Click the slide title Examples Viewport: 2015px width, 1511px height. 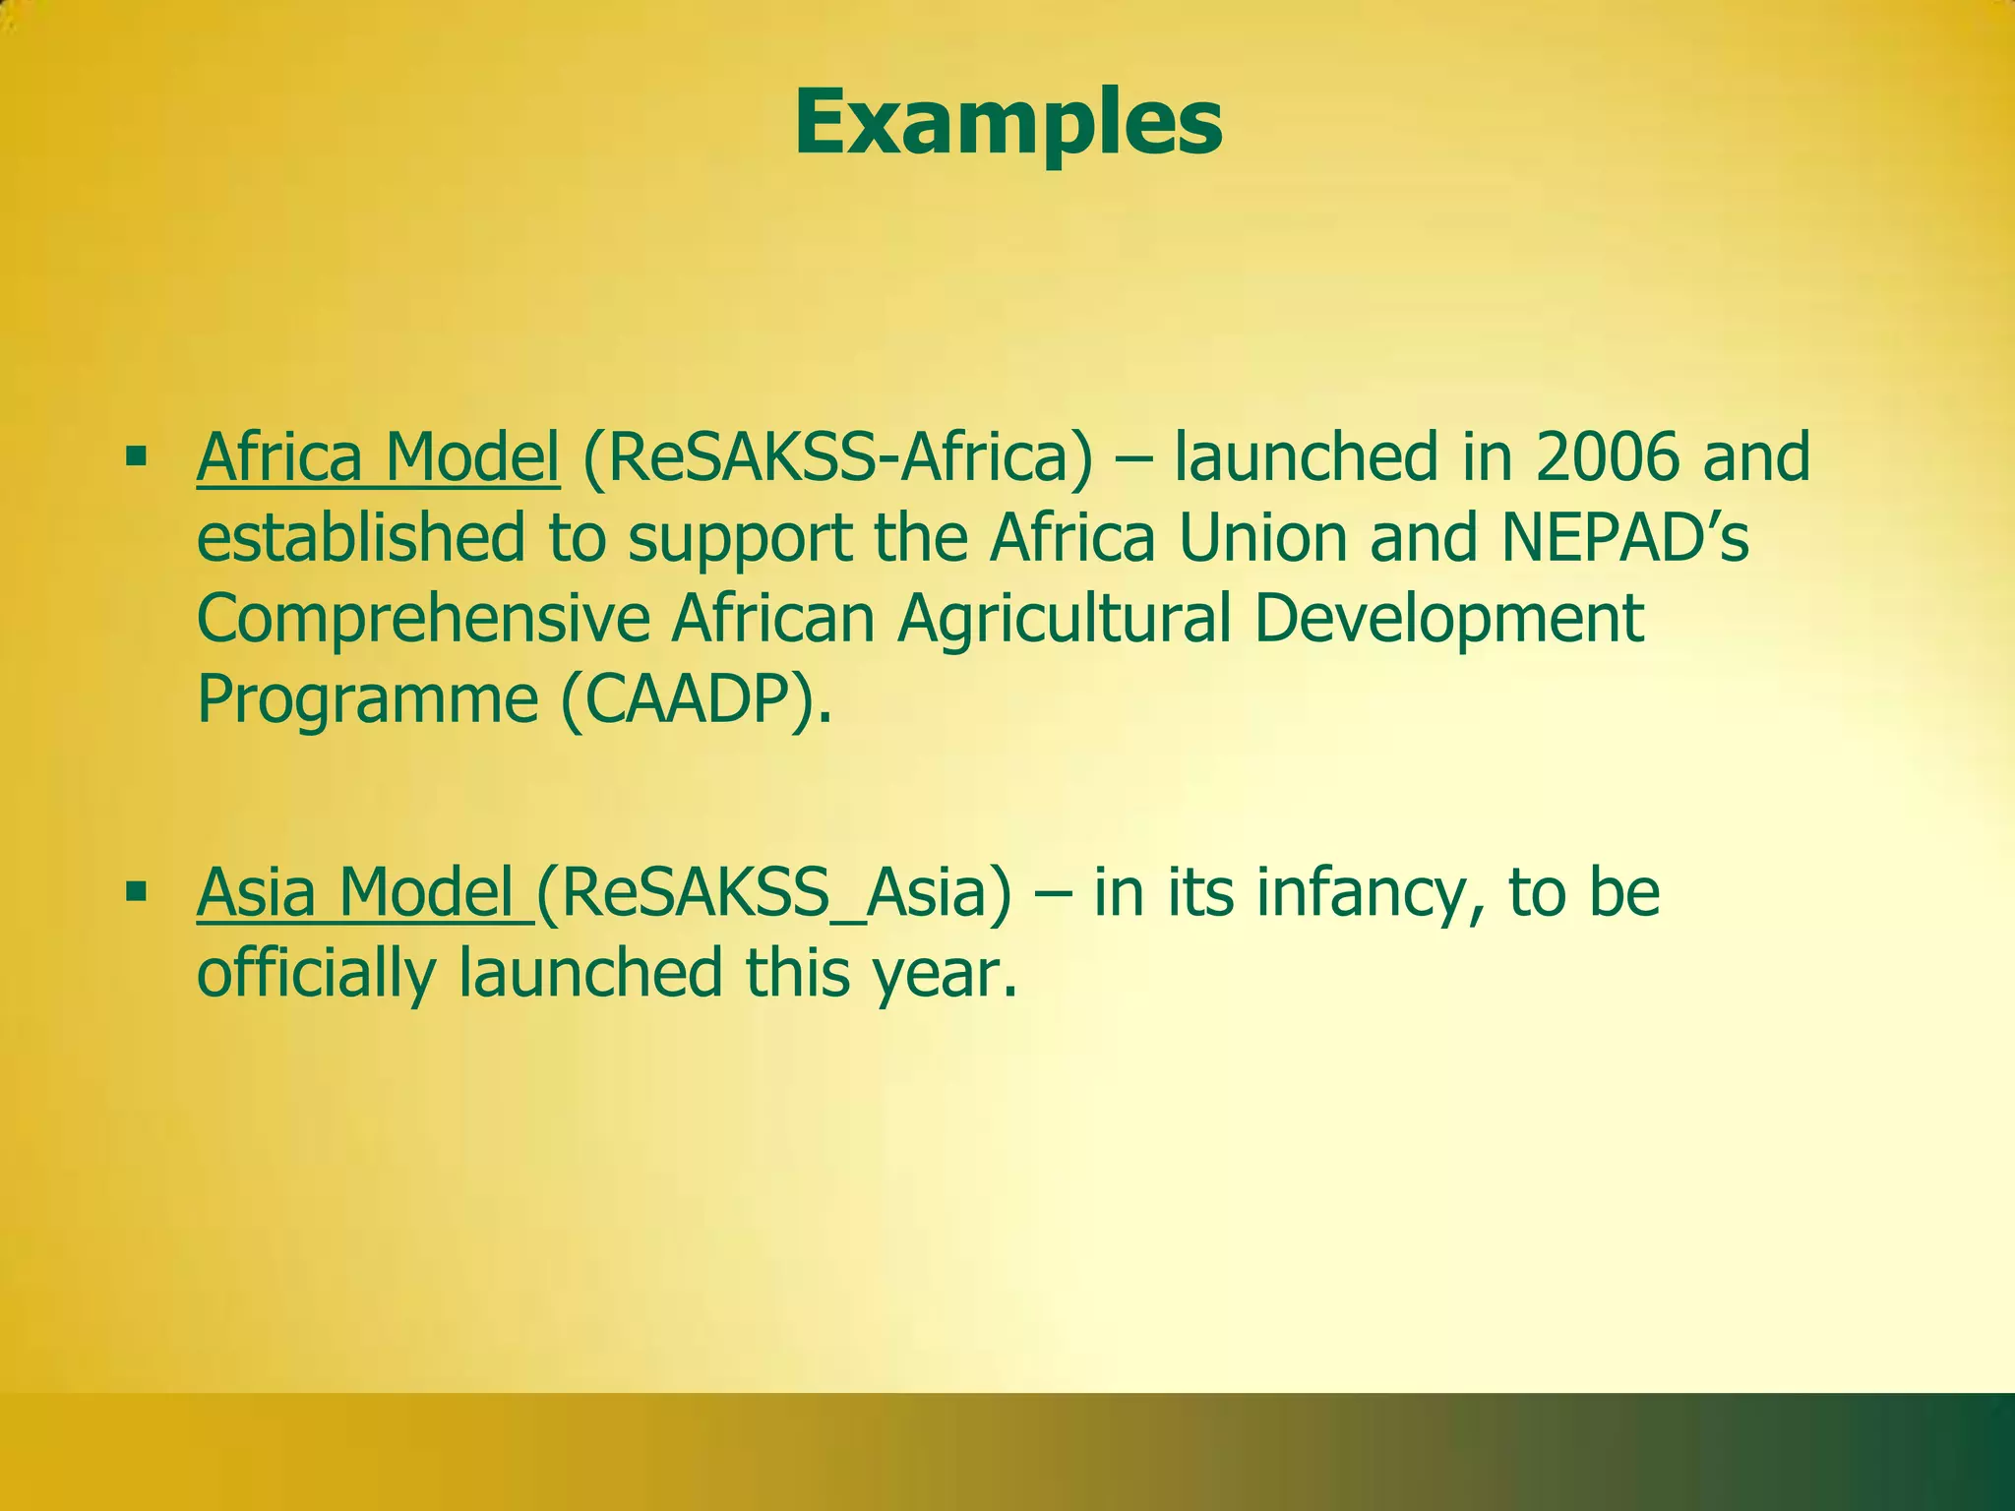coord(1007,124)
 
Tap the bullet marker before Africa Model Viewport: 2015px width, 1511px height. coord(136,456)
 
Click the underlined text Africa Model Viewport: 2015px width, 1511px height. coord(378,458)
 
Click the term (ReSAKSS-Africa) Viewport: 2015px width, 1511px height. coord(837,458)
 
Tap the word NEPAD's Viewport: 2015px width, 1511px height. coord(1624,539)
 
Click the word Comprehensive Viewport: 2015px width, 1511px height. coord(423,620)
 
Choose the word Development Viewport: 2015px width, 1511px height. coord(1448,620)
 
